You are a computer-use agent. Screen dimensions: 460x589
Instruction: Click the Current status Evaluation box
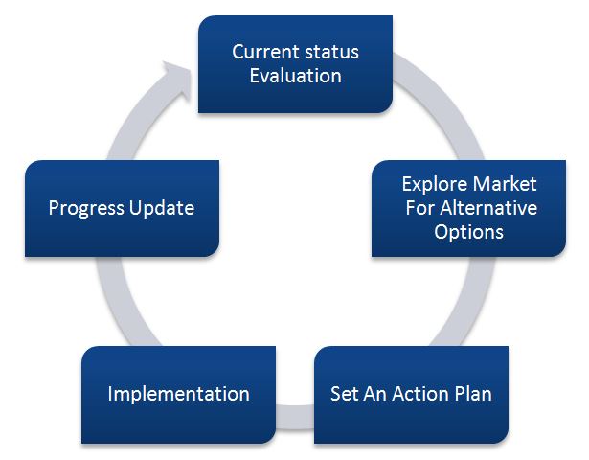[x=295, y=63]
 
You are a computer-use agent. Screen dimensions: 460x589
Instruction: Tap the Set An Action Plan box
[x=411, y=393]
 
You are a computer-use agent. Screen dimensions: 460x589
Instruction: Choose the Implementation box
[x=178, y=393]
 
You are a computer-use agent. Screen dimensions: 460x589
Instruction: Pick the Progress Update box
[x=121, y=207]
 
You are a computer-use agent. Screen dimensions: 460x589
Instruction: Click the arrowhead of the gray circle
[x=175, y=75]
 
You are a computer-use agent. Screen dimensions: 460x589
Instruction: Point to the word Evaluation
[x=295, y=76]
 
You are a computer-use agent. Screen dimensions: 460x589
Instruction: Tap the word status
[x=331, y=52]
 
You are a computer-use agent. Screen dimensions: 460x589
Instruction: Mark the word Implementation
[x=178, y=393]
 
